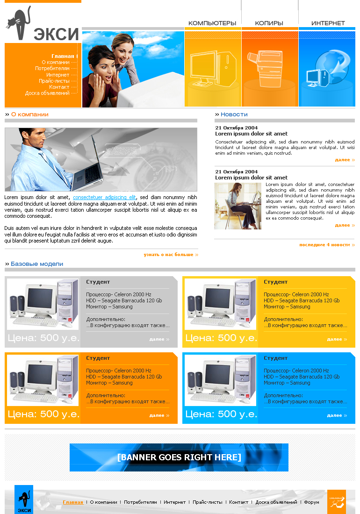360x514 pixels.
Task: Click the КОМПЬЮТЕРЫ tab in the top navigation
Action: [x=212, y=23]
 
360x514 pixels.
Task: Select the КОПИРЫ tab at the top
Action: [x=269, y=23]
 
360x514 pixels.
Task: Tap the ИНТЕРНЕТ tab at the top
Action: [x=328, y=23]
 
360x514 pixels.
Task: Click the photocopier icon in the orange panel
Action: [x=265, y=69]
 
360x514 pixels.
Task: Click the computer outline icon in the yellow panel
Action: [x=213, y=69]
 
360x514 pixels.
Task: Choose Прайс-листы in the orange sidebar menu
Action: [x=54, y=81]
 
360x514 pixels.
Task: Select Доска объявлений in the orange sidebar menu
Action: [x=47, y=93]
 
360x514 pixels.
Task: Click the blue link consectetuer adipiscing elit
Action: [x=104, y=197]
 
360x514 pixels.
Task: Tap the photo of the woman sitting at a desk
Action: [x=238, y=206]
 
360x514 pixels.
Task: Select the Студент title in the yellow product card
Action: [x=275, y=282]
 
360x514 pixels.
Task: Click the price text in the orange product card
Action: [x=43, y=414]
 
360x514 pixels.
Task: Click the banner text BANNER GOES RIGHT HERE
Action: [x=179, y=457]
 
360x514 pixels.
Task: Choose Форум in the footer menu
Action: [x=311, y=502]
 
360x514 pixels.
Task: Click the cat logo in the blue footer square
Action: [x=24, y=500]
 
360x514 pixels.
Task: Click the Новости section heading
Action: [x=234, y=114]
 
